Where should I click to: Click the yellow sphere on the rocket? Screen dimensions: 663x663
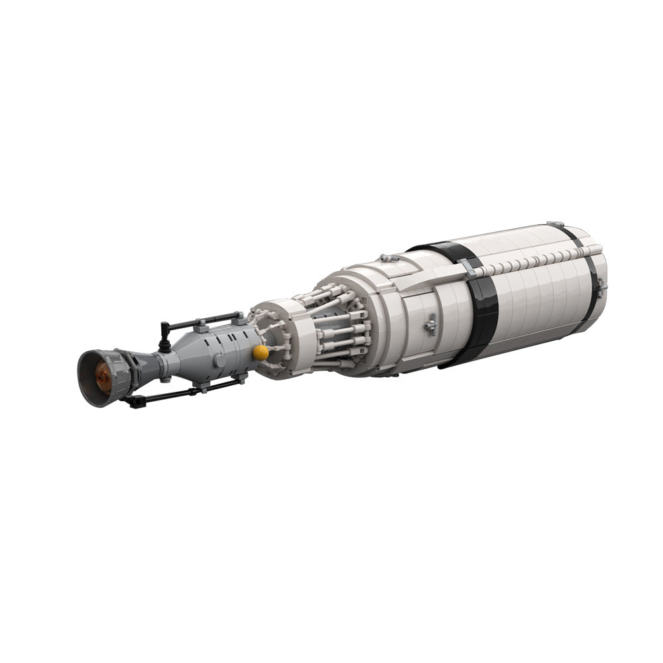point(261,353)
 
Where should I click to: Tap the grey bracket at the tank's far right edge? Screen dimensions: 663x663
point(599,286)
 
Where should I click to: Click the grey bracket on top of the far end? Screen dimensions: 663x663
point(556,226)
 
